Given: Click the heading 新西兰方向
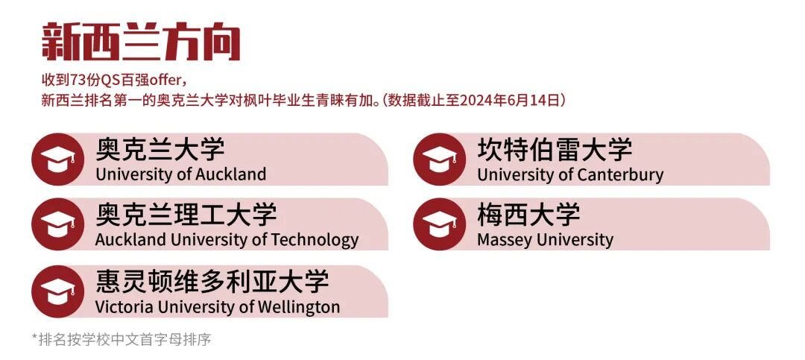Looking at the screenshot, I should point(141,42).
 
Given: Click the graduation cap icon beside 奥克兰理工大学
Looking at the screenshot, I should point(57,224).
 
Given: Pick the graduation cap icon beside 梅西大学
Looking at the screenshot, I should point(439,224).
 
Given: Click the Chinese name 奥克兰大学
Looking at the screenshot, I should point(160,149).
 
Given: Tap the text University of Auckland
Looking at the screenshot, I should point(180,175).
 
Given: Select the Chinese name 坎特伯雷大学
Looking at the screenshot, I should point(555,149).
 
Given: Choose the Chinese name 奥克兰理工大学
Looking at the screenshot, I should point(186,215).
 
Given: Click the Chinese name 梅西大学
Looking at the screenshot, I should point(528,215).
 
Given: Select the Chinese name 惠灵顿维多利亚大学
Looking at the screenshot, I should point(212,282).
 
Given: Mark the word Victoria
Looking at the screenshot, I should point(123,307).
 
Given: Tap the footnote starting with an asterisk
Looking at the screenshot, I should point(121,340).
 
